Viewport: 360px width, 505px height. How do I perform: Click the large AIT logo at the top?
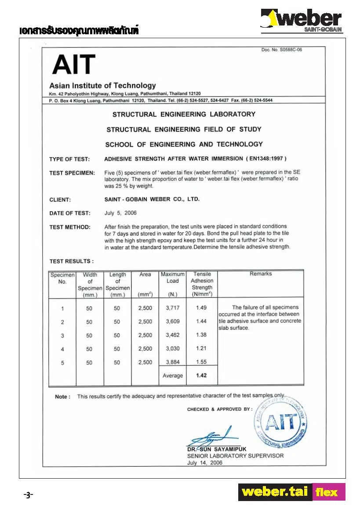point(73,65)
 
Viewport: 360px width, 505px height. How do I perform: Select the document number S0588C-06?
point(282,50)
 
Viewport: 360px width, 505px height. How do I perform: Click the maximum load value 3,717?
point(173,308)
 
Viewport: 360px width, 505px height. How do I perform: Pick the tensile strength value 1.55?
point(201,362)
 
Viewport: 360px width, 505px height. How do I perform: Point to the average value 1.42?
point(201,375)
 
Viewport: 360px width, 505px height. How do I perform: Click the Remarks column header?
point(261,274)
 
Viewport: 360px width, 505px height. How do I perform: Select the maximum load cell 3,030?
point(173,349)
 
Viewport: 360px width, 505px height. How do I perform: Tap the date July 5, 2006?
point(120,213)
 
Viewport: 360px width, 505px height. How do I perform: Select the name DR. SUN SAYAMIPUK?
point(217,449)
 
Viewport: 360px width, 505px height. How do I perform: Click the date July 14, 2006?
point(205,463)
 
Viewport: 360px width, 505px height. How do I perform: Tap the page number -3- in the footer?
point(29,495)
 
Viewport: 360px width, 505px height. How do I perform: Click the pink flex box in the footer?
point(328,492)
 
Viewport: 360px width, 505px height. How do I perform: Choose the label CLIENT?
point(60,200)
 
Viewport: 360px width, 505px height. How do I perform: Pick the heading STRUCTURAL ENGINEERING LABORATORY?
point(184,114)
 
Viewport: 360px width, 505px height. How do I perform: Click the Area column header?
point(145,274)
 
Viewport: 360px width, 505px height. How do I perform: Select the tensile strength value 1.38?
point(201,335)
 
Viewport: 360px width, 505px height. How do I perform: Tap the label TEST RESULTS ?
point(71,261)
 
